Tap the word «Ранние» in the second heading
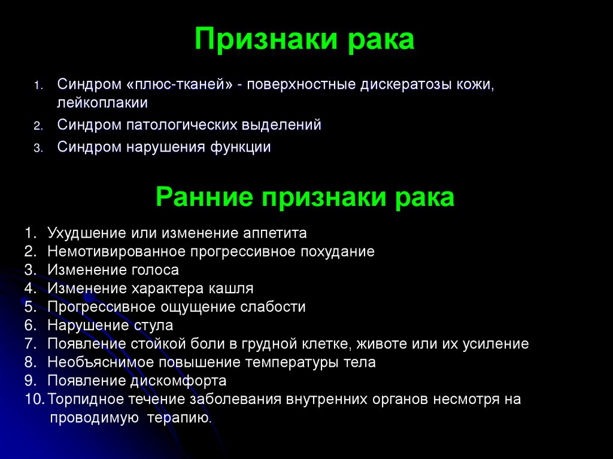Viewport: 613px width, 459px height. click(x=202, y=196)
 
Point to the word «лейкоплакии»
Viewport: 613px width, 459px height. click(x=102, y=102)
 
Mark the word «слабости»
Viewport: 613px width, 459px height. click(x=273, y=307)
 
